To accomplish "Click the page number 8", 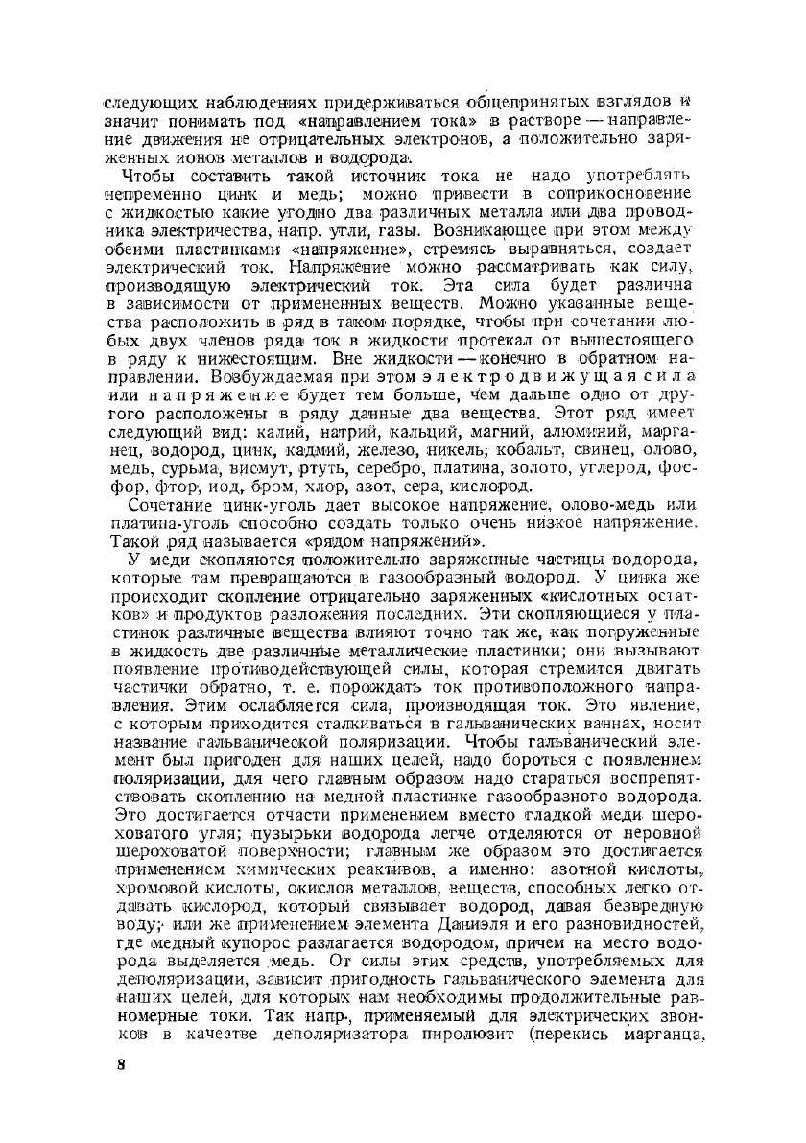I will pos(111,1093).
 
